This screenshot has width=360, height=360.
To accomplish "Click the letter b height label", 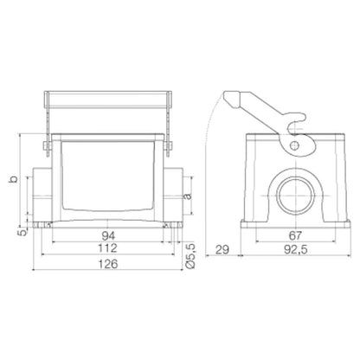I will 11,179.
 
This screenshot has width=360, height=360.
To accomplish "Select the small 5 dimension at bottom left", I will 25,230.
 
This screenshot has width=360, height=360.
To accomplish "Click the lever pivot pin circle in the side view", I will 296,146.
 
